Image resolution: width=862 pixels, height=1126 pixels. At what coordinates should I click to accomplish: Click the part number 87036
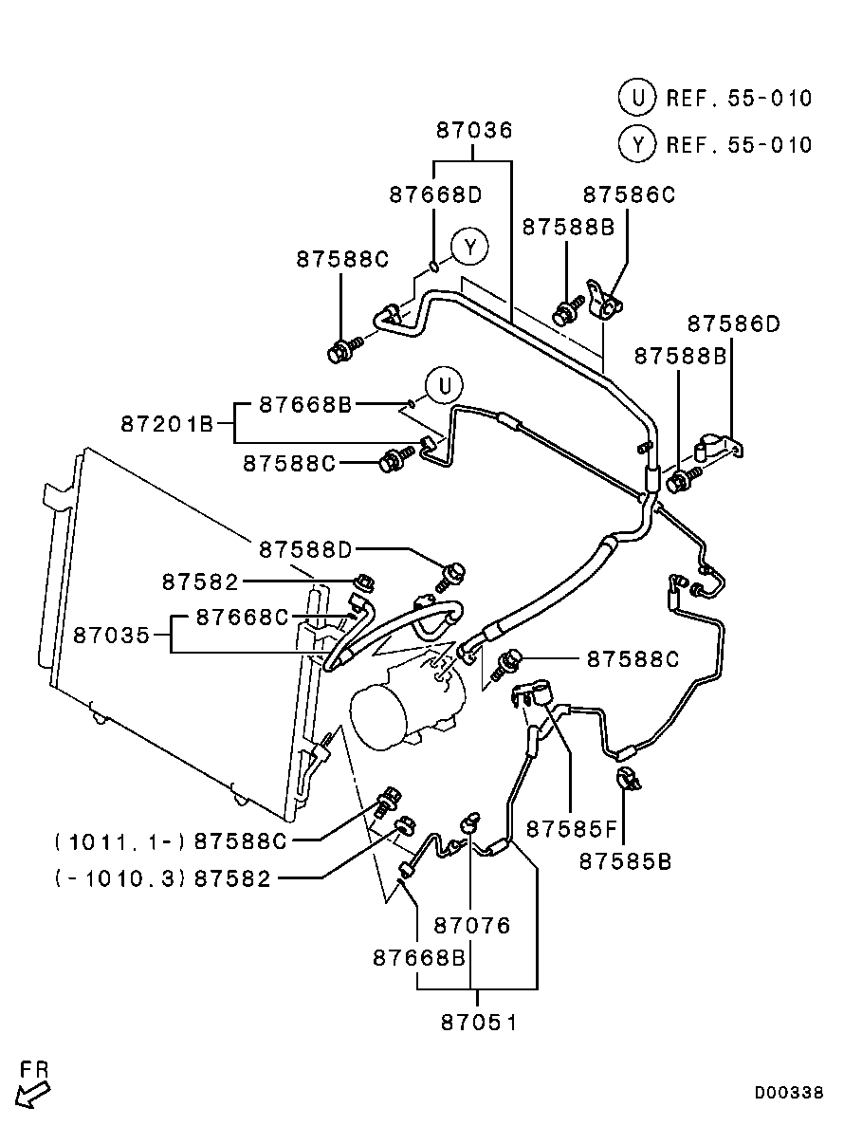pyautogui.click(x=474, y=131)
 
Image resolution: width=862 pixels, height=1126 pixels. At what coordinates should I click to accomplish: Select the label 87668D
pyautogui.click(x=435, y=194)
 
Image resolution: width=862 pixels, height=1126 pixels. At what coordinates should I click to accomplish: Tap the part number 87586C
pyautogui.click(x=629, y=194)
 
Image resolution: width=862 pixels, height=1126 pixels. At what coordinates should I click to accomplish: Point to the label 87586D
pyautogui.click(x=733, y=324)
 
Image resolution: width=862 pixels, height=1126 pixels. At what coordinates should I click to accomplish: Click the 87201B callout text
pyautogui.click(x=167, y=423)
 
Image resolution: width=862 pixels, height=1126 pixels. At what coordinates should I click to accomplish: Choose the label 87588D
pyautogui.click(x=305, y=549)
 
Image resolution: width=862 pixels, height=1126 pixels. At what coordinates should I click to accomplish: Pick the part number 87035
pyautogui.click(x=112, y=635)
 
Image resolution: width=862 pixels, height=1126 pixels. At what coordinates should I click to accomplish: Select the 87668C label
pyautogui.click(x=242, y=618)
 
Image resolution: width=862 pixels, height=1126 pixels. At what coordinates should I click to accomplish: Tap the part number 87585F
pyautogui.click(x=572, y=829)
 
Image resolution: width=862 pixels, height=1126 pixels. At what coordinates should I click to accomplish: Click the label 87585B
pyautogui.click(x=625, y=861)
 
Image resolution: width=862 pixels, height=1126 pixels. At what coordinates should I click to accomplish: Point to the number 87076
pyautogui.click(x=472, y=924)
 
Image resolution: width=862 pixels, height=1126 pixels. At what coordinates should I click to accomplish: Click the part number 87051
pyautogui.click(x=479, y=1023)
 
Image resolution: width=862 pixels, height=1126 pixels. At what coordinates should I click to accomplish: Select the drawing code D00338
pyautogui.click(x=789, y=1093)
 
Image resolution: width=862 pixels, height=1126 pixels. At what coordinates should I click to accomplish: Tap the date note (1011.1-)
pyautogui.click(x=120, y=840)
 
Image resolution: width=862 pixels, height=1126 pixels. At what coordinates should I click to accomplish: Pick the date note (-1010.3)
pyautogui.click(x=120, y=878)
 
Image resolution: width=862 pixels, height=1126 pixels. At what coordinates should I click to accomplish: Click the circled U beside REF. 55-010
pyautogui.click(x=637, y=97)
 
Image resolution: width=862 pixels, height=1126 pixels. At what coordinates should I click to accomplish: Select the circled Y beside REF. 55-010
pyautogui.click(x=637, y=144)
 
